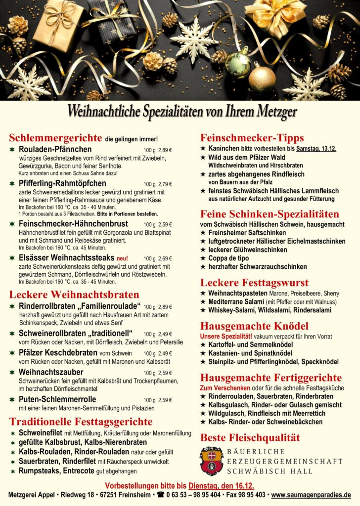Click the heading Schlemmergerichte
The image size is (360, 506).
click(x=55, y=138)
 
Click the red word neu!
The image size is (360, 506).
click(x=122, y=258)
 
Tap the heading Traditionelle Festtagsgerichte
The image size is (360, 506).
click(x=81, y=422)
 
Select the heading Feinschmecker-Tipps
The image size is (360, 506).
click(x=252, y=138)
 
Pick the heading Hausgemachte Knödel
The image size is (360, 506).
click(x=254, y=326)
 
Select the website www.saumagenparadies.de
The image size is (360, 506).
click(x=311, y=495)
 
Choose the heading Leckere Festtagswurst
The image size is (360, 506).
click(x=254, y=283)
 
